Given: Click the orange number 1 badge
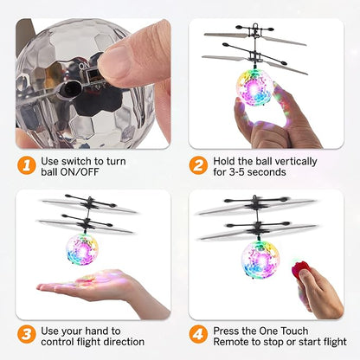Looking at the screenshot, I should pos(27,165).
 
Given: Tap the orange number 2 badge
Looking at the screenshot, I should pos(200,165).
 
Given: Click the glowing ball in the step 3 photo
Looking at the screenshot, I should pos(83,249).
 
